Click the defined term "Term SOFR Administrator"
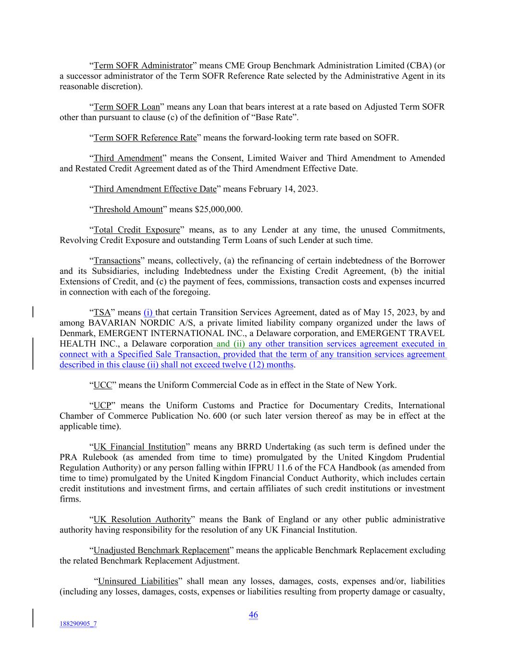(x=143, y=65)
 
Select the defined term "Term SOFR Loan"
(x=126, y=107)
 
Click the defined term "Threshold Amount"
(x=128, y=209)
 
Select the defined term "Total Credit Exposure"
(x=136, y=230)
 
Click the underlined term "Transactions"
(x=117, y=261)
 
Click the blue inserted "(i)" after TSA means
(x=148, y=313)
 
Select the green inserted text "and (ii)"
(x=230, y=344)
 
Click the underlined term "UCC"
(x=102, y=385)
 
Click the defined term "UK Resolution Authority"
(x=142, y=520)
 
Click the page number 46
(x=253, y=615)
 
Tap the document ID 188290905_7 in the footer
(x=78, y=624)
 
